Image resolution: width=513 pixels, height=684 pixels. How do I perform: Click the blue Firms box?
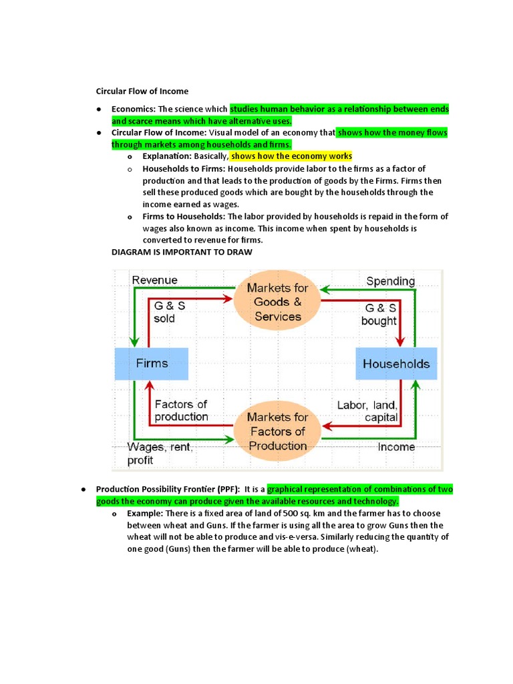[x=152, y=364]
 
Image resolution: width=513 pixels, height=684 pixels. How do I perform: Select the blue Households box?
[x=396, y=364]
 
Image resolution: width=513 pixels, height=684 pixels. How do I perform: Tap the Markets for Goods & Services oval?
[x=278, y=302]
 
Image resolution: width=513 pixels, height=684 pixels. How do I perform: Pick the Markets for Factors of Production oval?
[x=278, y=432]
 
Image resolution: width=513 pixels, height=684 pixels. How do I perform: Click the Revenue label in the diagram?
[x=155, y=280]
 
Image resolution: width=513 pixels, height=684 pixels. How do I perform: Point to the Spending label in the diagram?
[x=390, y=281]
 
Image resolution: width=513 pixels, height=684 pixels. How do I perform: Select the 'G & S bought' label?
[x=379, y=315]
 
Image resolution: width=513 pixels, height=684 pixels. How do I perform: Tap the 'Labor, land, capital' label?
[x=367, y=411]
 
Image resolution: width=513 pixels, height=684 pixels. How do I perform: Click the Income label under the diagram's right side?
[x=396, y=447]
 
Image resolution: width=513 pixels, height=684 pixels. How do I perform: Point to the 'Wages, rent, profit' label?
[x=160, y=454]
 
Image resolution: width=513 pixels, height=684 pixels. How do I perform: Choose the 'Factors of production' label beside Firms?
[x=181, y=410]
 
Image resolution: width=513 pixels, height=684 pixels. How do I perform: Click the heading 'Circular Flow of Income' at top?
[x=142, y=91]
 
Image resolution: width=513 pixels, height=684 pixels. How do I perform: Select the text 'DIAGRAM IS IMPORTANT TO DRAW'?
[x=182, y=252]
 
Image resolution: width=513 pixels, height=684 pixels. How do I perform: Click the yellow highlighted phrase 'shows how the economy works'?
[x=291, y=156]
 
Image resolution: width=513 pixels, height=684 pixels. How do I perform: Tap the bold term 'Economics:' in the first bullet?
[x=134, y=109]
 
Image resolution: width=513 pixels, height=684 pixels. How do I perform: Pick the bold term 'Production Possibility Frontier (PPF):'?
[x=168, y=490]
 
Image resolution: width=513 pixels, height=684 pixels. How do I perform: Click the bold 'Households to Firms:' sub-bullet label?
[x=183, y=168]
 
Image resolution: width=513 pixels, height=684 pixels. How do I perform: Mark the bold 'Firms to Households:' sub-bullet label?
[x=184, y=216]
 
